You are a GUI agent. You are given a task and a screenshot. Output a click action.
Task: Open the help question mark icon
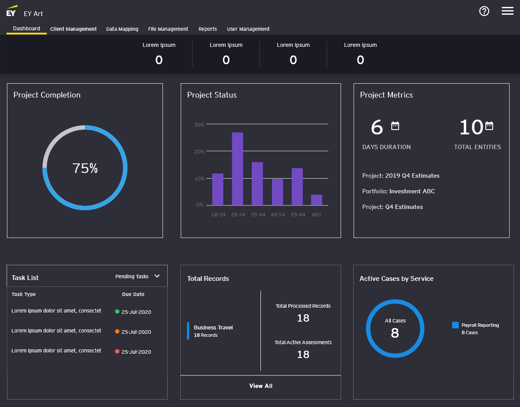[484, 11]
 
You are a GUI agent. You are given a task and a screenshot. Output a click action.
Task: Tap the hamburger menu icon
[507, 11]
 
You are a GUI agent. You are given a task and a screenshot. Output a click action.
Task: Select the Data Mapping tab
[122, 29]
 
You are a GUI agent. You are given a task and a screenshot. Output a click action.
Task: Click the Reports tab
[208, 29]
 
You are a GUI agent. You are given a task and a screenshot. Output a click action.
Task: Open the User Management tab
[248, 29]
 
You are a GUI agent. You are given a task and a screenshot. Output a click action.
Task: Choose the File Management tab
[168, 29]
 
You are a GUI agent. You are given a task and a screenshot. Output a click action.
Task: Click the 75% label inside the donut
[85, 168]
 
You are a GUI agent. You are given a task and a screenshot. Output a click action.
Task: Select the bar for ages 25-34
[237, 169]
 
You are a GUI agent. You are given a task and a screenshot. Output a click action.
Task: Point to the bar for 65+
[316, 200]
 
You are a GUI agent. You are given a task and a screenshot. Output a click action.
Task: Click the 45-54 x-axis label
[278, 215]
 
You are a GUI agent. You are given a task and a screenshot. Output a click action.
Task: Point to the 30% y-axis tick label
[199, 125]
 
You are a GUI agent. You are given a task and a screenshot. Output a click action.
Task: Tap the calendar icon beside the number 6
[395, 126]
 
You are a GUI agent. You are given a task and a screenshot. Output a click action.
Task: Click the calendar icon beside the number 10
[489, 126]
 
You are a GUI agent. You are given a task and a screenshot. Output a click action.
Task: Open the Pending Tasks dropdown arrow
[157, 276]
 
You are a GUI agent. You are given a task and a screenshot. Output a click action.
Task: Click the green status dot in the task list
[117, 311]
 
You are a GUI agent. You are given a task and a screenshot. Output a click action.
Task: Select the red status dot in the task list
[117, 351]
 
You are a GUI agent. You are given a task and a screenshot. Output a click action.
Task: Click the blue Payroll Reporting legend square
[455, 325]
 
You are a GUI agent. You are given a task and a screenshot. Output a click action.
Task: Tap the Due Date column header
[133, 294]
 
